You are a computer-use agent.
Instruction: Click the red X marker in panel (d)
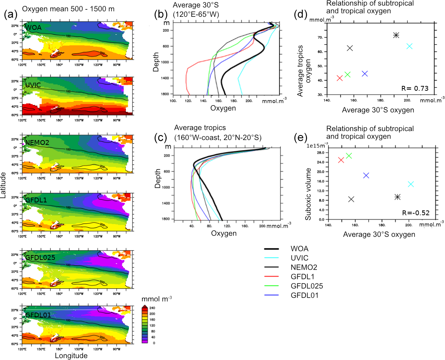[340, 78]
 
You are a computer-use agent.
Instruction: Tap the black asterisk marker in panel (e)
[398, 197]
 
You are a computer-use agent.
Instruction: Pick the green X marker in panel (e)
[349, 156]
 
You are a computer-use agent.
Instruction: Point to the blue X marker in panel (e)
[366, 175]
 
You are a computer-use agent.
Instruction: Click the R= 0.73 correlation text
[417, 89]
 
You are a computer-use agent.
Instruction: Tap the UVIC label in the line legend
[299, 258]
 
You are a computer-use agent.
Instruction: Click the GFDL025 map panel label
[40, 257]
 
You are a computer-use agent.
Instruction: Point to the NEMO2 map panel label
[36, 142]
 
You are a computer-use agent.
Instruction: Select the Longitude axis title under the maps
[71, 356]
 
